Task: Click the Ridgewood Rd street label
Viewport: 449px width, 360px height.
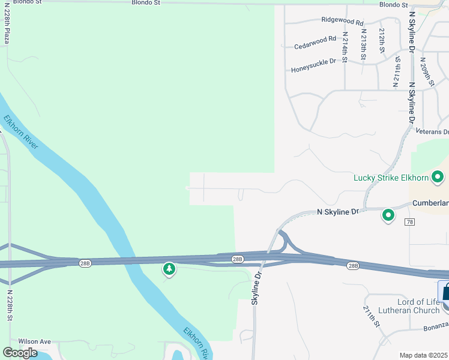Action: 343,22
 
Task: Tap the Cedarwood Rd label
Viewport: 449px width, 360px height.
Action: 315,43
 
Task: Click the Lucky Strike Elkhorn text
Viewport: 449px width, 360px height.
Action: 391,178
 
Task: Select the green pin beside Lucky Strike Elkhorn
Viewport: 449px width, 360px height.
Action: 438,176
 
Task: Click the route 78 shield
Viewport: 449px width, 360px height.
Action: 410,222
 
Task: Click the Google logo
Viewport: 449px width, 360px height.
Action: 20,352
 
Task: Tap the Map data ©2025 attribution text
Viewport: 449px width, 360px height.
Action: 424,355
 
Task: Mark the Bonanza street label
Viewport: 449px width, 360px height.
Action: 435,324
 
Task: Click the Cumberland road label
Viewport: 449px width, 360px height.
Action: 431,203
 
